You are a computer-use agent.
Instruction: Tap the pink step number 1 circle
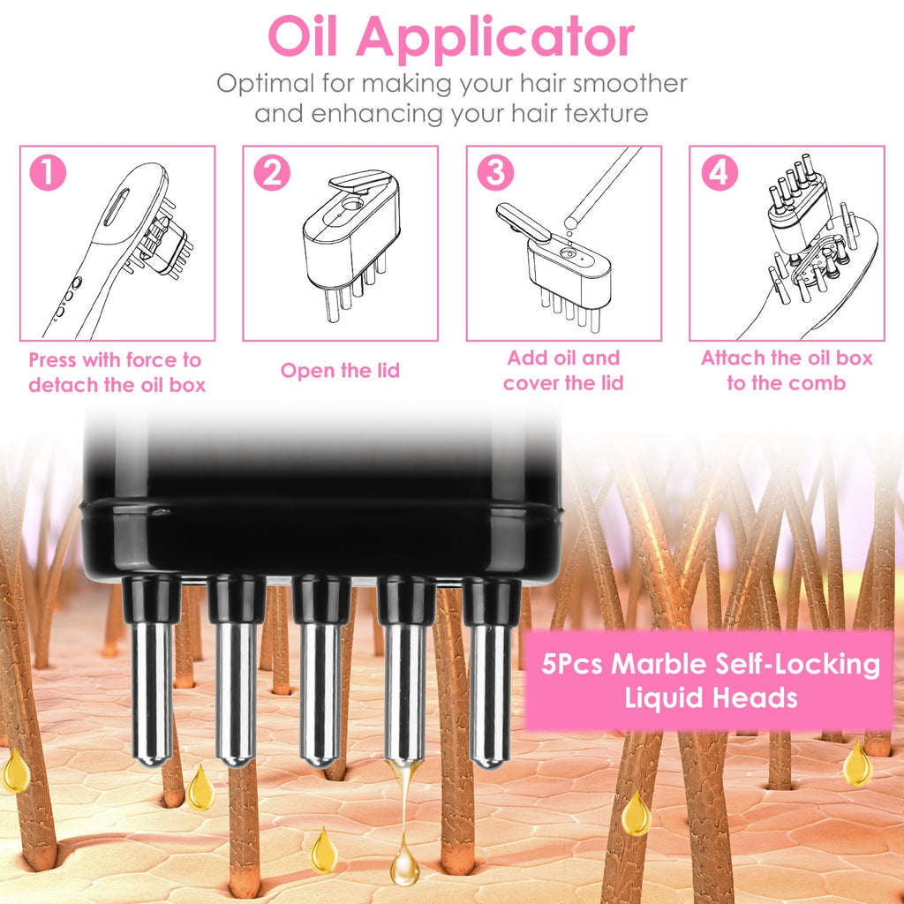coord(47,173)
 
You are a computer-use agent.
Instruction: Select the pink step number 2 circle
coord(271,173)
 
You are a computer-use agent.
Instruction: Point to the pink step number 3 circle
coord(494,173)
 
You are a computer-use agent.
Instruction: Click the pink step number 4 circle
coord(718,173)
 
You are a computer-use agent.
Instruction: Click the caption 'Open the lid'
coord(340,371)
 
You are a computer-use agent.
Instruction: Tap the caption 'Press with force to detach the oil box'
coord(116,373)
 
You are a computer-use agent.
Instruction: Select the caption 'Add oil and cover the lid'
coord(563,371)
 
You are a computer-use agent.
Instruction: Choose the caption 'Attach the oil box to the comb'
coord(786,371)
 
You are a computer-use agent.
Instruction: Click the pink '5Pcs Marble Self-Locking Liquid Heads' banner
coord(710,680)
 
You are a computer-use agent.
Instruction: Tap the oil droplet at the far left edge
coord(15,772)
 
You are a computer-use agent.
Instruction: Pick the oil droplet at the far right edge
coord(856,766)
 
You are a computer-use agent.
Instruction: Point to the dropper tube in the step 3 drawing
coord(602,185)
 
